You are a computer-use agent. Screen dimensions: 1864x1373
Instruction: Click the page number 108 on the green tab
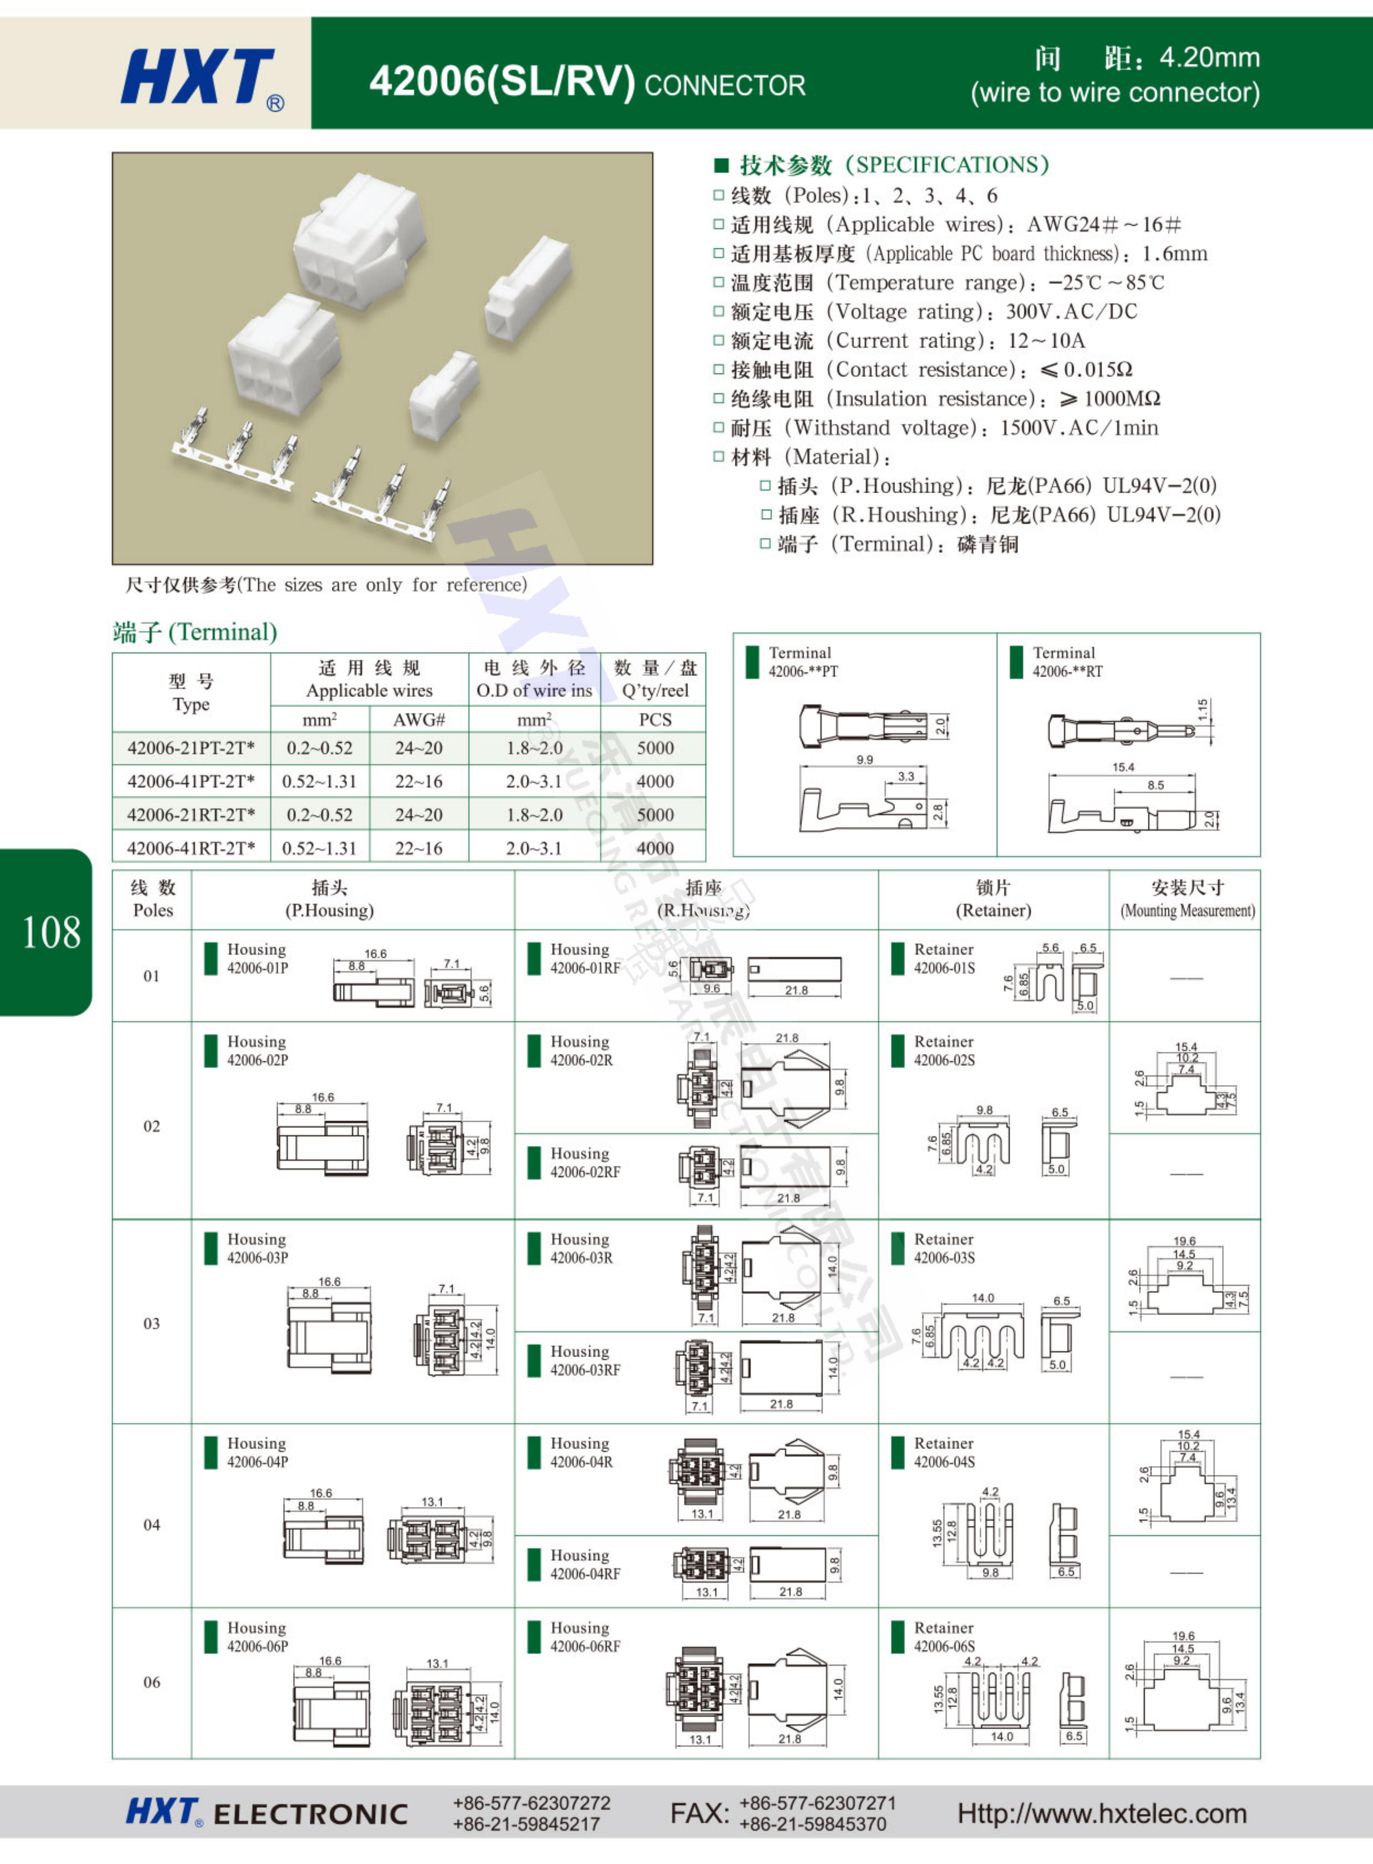(x=51, y=933)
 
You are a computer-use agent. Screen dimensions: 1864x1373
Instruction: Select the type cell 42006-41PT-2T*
(x=190, y=781)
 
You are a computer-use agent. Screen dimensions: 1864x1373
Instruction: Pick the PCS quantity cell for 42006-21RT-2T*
(x=655, y=815)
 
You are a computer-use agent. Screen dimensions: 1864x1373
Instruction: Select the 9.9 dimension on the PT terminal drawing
(x=864, y=760)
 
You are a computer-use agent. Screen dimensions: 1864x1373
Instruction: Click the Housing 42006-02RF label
(x=584, y=1163)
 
